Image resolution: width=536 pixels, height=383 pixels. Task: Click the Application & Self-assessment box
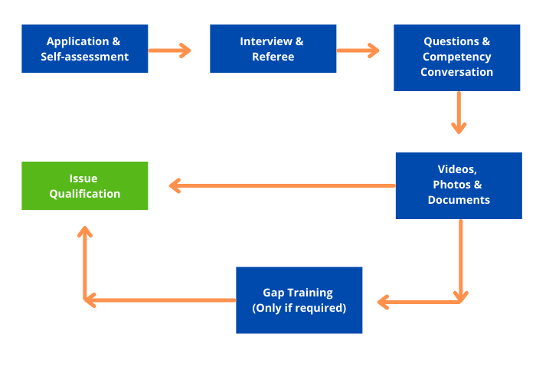[84, 48]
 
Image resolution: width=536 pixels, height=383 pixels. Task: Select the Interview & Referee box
[273, 48]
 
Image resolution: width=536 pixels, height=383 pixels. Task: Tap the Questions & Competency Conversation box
[456, 57]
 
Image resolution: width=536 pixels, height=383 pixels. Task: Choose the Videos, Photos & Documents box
[458, 185]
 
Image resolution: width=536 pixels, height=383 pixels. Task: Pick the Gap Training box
[299, 300]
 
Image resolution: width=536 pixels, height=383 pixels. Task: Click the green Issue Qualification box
[84, 185]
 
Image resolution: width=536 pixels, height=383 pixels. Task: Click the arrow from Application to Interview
[169, 51]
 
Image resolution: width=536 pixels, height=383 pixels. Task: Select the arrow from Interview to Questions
[358, 51]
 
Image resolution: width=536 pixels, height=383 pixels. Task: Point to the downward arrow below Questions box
[459, 113]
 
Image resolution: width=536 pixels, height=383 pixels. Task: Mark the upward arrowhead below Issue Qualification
[85, 232]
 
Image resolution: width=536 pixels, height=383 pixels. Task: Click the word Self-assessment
[84, 57]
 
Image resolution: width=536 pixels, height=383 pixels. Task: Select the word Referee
[273, 57]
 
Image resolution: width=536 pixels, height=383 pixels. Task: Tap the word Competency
[456, 57]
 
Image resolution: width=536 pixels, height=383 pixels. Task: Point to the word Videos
[457, 169]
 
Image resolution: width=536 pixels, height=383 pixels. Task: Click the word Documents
[458, 200]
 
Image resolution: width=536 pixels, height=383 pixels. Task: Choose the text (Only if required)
[299, 308]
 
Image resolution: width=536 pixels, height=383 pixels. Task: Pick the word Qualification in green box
[84, 194]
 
